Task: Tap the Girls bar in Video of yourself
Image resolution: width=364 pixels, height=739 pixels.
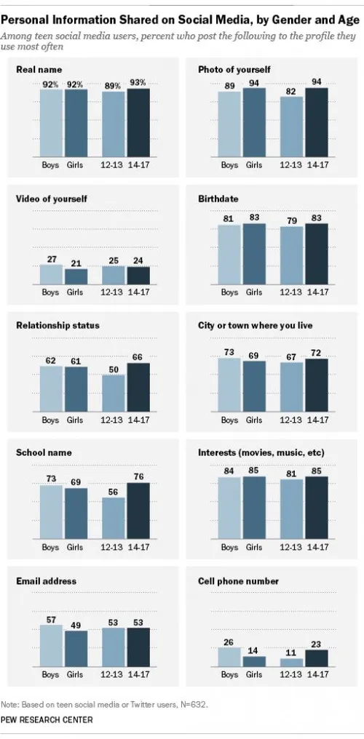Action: pyautogui.click(x=76, y=276)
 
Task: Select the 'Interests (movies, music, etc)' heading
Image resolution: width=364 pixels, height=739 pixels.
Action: pyautogui.click(x=261, y=453)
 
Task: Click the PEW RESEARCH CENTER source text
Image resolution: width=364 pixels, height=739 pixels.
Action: pyautogui.click(x=47, y=719)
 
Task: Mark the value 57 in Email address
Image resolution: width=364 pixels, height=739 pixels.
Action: pyautogui.click(x=52, y=618)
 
